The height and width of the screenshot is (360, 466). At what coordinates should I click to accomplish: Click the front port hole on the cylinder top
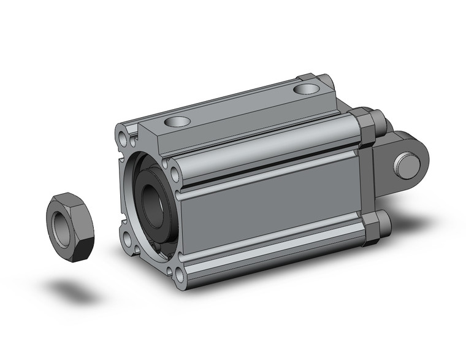click(180, 121)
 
